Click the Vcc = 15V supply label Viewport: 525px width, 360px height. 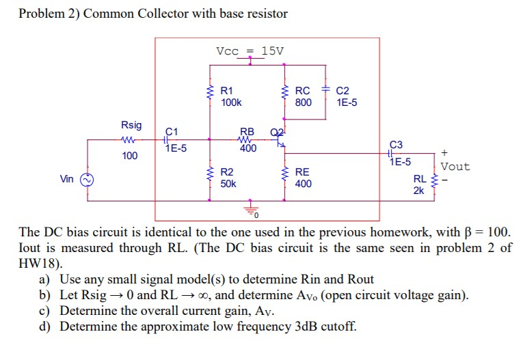[250, 51]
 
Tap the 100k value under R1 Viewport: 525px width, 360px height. [231, 102]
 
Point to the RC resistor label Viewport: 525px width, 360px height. [302, 90]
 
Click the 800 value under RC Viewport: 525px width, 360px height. [303, 102]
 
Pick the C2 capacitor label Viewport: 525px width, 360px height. [343, 90]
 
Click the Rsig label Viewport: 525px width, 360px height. [131, 125]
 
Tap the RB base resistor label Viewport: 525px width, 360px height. [247, 131]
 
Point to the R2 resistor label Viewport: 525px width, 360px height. [227, 171]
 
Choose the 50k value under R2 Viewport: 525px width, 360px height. [228, 184]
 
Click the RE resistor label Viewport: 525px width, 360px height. [302, 171]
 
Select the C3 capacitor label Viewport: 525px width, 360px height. [396, 145]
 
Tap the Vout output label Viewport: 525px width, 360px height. [455, 166]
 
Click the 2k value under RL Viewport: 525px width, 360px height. [418, 191]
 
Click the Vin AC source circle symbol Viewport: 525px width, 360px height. [87, 180]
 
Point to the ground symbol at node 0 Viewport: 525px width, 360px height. [250, 210]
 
